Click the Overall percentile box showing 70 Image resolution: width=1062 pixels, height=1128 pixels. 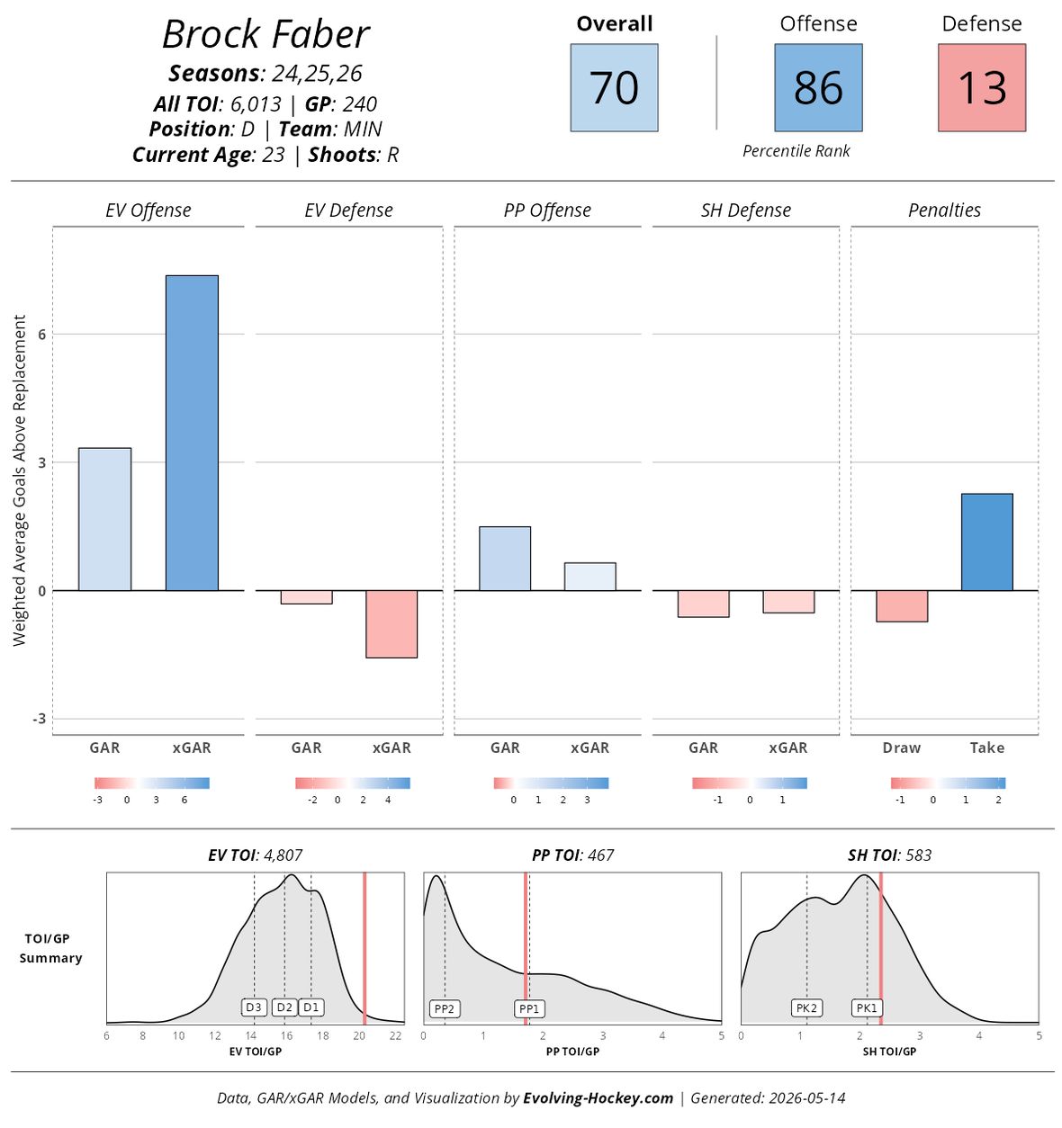tap(614, 87)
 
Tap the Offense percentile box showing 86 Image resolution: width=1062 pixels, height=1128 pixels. tap(818, 87)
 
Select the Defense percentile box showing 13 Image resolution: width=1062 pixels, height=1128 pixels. tap(982, 87)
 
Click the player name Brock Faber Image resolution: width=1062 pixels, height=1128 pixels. tap(265, 35)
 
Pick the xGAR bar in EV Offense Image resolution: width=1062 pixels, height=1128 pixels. tap(192, 433)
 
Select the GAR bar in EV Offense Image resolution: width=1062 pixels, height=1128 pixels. tap(104, 519)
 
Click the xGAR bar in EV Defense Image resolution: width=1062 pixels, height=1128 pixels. tap(391, 624)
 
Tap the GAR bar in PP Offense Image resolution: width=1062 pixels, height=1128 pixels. tap(505, 559)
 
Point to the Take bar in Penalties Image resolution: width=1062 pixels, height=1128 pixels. tap(987, 542)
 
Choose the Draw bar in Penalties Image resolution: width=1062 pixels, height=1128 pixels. tap(902, 606)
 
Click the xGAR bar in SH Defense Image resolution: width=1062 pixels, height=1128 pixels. tap(788, 602)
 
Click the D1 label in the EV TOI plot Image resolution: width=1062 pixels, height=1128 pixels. tap(310, 1007)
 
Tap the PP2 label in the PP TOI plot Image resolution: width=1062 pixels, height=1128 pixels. tap(444, 1008)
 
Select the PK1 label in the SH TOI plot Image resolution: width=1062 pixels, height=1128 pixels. tap(867, 1008)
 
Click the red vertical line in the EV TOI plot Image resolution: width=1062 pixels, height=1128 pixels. tap(364, 948)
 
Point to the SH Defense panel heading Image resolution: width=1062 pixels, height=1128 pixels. tap(745, 210)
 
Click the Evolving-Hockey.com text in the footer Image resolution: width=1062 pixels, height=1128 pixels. tap(598, 1097)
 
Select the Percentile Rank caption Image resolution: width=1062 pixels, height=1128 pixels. tap(796, 150)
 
